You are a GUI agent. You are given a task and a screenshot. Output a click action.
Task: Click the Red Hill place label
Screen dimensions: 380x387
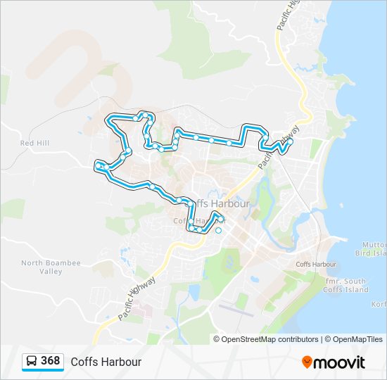(34, 143)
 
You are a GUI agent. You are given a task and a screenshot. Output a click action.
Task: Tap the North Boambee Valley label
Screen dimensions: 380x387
(51, 267)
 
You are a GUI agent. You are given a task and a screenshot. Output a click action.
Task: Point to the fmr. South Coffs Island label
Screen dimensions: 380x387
(347, 285)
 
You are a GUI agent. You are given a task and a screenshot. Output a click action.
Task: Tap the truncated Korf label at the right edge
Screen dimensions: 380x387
(378, 304)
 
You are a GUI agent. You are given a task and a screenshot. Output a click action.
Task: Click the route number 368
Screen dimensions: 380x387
(50, 361)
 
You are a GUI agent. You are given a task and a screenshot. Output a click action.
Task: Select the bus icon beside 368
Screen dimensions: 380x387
(32, 362)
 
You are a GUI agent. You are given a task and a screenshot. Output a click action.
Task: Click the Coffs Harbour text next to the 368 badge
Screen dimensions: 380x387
(106, 362)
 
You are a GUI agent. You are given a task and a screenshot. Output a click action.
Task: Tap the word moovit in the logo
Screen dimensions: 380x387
(340, 362)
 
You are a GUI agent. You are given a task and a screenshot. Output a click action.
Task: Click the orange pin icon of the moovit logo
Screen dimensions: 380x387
(307, 362)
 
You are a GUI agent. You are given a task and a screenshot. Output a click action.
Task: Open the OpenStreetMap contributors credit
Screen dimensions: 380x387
(269, 339)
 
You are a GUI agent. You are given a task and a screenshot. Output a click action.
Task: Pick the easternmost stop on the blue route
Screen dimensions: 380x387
(290, 141)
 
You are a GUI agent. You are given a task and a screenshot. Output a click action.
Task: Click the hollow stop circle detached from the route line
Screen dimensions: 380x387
(218, 231)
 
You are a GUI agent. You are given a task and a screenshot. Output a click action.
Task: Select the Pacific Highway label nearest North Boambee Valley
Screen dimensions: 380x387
(137, 298)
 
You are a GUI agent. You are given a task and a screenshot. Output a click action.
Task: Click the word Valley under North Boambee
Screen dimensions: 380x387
(51, 271)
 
